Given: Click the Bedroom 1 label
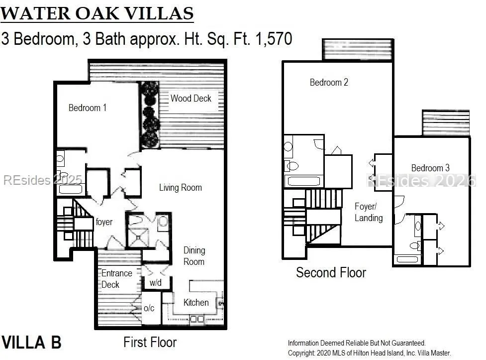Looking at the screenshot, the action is tap(88, 108).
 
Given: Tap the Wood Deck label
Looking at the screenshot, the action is tap(191, 99).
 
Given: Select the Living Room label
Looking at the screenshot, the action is tap(181, 187).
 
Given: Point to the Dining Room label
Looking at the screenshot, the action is tap(194, 256).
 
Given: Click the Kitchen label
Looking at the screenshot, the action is tap(196, 302).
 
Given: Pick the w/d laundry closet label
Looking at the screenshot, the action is tap(156, 282).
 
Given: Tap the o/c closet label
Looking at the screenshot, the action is tap(149, 308).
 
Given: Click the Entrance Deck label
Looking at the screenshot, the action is tap(117, 279).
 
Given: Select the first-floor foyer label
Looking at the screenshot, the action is tap(104, 222).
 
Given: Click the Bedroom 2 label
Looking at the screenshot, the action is tap(329, 82).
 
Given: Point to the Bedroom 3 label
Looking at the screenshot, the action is tap(430, 168).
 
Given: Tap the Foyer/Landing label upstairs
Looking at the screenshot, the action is tap(369, 212).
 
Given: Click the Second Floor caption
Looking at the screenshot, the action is tap(331, 272).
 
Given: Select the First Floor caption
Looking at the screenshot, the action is tap(150, 342).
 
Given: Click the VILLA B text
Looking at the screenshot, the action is tap(31, 343).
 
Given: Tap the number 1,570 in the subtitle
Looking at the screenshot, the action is tap(274, 39).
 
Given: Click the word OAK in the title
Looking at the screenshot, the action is tap(97, 13).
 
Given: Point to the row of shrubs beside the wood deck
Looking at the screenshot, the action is tap(150, 115).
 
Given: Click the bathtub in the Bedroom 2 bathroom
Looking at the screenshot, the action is tap(304, 181).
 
